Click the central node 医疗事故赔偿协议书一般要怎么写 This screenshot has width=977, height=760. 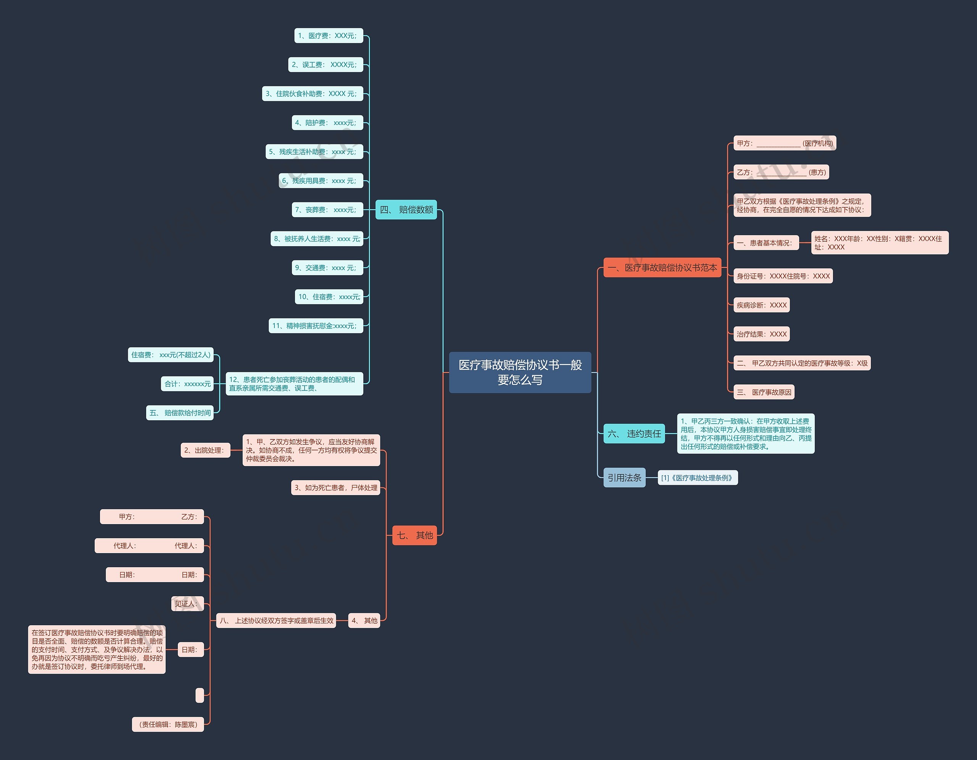pos(520,372)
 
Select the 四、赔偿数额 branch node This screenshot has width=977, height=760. pos(406,209)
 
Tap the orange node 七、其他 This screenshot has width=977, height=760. pos(414,535)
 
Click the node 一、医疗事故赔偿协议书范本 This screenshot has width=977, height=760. pos(662,268)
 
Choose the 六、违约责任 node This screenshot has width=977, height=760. pos(634,434)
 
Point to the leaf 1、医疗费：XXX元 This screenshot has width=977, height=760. pos(328,36)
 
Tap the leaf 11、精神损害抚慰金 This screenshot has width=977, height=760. pos(315,326)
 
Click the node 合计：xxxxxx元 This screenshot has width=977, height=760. pos(187,384)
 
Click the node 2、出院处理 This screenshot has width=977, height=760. pos(205,450)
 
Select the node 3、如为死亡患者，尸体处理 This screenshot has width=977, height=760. pos(335,487)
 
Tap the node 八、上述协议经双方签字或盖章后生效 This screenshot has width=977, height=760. pos(276,620)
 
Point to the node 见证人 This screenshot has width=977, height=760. pos(187,604)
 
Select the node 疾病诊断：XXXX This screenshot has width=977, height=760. pos(761,305)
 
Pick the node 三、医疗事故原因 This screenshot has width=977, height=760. pos(764,392)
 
